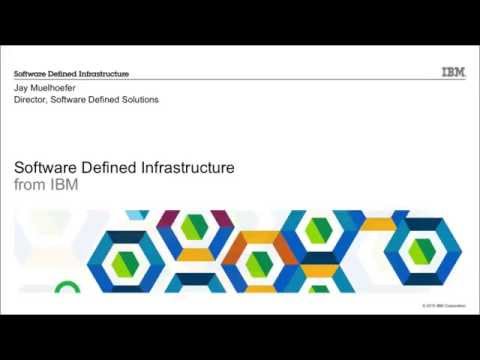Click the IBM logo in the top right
[452, 72]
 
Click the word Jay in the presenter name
[21, 88]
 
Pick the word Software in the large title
[47, 168]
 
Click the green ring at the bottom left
[67, 288]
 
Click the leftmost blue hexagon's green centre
[124, 261]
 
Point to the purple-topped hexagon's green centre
[193, 228]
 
